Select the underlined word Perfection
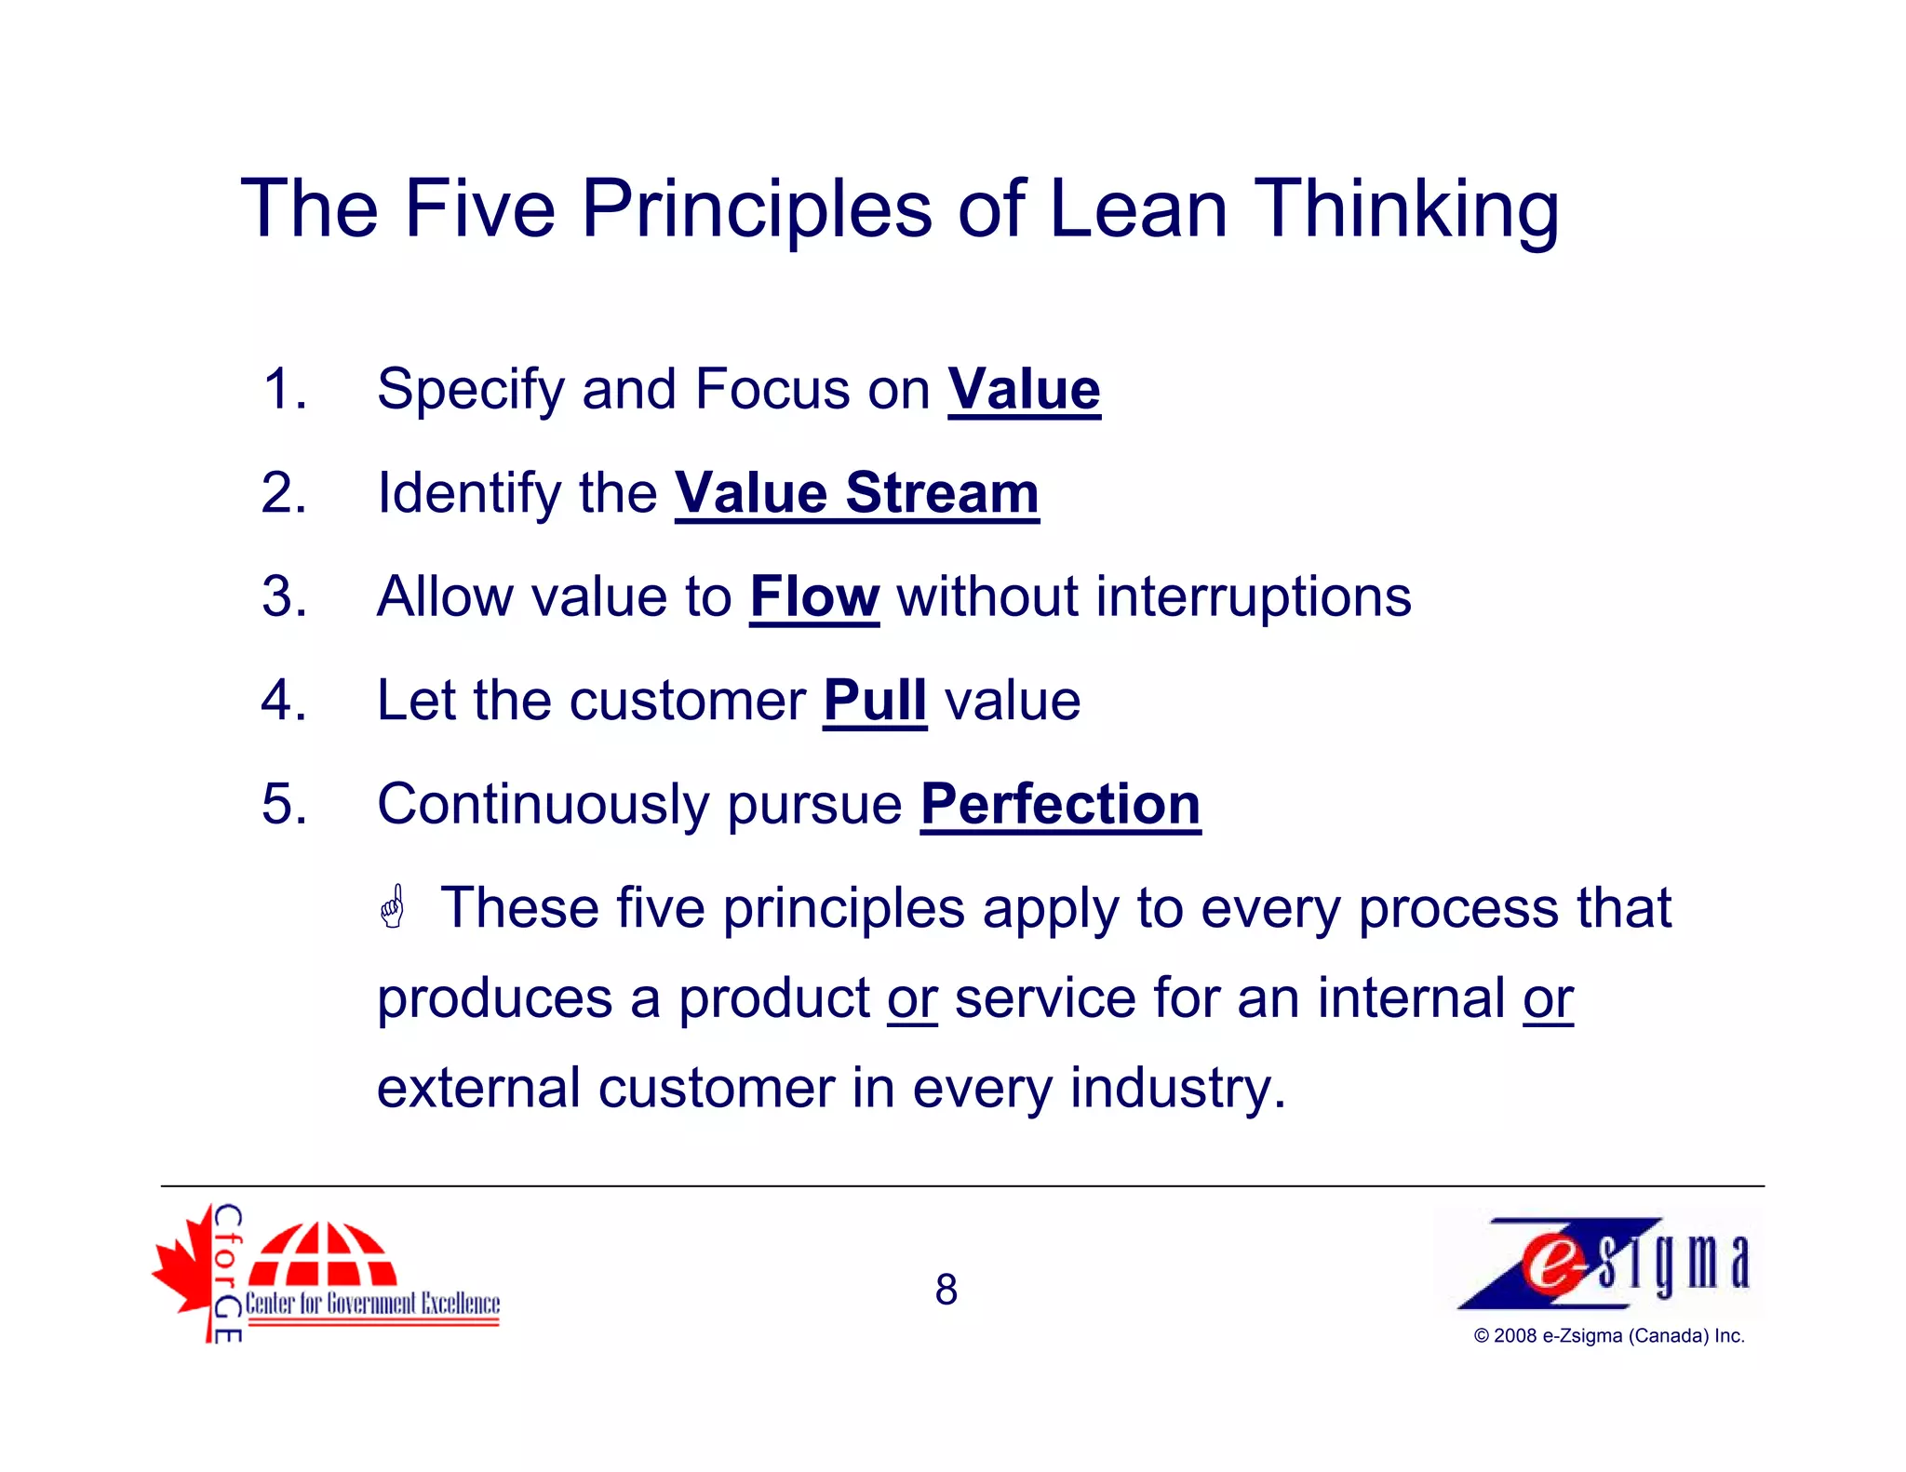pyautogui.click(x=1060, y=804)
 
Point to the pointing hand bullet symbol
pyautogui.click(x=393, y=907)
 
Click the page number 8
pyautogui.click(x=946, y=1290)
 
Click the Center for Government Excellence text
pyautogui.click(x=372, y=1303)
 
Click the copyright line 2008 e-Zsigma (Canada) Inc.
pyautogui.click(x=1608, y=1336)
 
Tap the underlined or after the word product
pyautogui.click(x=911, y=998)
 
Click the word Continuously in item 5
pyautogui.click(x=543, y=804)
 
